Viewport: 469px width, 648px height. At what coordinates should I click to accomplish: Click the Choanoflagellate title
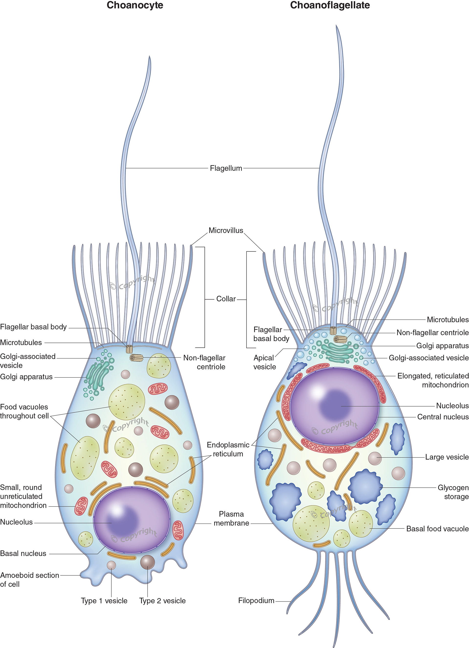click(330, 5)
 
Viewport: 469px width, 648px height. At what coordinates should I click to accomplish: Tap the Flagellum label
click(226, 168)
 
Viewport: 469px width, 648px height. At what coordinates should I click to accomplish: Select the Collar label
click(226, 299)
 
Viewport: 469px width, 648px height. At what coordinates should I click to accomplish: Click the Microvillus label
click(226, 231)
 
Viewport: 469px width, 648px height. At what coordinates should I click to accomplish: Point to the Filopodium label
click(256, 601)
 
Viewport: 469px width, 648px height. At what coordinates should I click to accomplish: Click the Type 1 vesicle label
click(104, 601)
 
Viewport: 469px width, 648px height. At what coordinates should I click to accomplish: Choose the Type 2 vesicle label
click(162, 601)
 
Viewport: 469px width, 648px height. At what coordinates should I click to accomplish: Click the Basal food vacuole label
click(437, 529)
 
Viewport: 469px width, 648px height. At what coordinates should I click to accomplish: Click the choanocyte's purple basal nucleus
click(132, 520)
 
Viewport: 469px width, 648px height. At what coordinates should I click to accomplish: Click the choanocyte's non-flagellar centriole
click(136, 357)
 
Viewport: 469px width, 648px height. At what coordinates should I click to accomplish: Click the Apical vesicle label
click(264, 362)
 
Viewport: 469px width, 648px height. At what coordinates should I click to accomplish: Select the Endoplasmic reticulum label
click(228, 449)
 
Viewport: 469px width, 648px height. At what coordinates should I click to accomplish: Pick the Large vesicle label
click(447, 457)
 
